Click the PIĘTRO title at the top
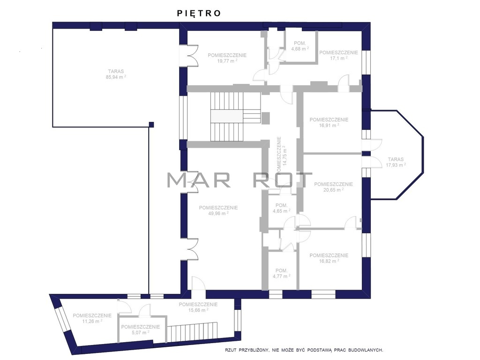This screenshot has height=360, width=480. click(x=199, y=13)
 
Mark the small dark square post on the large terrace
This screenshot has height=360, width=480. click(x=151, y=125)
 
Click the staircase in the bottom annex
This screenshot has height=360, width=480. click(x=192, y=332)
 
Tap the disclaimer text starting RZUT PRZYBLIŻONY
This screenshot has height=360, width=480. click(x=304, y=350)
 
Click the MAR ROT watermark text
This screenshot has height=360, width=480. click(x=240, y=180)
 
